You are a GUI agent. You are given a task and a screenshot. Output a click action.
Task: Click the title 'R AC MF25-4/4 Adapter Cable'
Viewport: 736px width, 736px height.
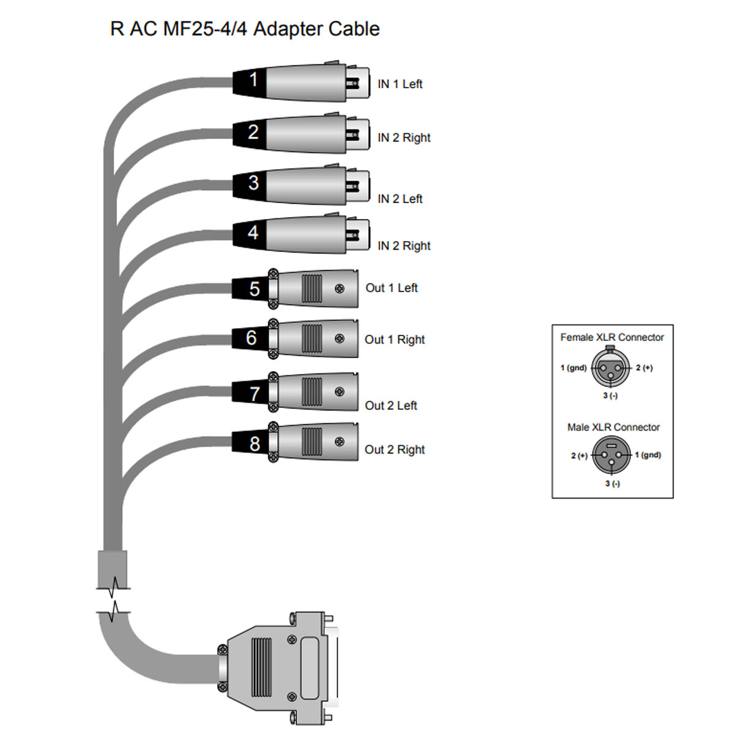[x=245, y=29]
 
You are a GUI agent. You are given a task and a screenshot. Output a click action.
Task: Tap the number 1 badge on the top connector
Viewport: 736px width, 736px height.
[x=252, y=80]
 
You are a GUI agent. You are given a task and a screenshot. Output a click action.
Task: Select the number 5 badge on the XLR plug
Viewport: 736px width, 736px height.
[x=254, y=289]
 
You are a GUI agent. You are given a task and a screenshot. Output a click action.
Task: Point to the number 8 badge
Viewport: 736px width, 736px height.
[x=254, y=443]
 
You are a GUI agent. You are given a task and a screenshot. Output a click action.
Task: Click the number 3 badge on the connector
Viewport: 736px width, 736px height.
[x=253, y=183]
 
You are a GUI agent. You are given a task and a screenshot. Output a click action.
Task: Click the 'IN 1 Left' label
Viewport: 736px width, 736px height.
[x=400, y=84]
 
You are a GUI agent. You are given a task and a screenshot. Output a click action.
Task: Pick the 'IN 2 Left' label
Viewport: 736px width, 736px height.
[x=400, y=199]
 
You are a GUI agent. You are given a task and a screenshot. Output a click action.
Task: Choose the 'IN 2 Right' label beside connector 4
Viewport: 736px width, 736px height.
[x=404, y=246]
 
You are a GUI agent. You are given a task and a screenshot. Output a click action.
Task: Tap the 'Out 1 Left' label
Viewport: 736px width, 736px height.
[x=391, y=288]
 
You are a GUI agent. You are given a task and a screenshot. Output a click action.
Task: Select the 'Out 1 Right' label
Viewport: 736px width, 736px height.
[x=394, y=339]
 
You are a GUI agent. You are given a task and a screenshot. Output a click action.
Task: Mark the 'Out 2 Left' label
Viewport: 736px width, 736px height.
[x=391, y=405]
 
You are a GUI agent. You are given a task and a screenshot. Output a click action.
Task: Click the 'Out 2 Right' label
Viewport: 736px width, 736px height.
[x=394, y=450]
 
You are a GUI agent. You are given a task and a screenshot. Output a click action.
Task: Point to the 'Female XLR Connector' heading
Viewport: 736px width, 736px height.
[x=612, y=337]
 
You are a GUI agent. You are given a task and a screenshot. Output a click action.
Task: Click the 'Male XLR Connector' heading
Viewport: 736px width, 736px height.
[x=613, y=427]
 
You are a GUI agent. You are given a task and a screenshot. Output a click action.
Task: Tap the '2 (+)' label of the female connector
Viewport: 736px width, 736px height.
[x=644, y=368]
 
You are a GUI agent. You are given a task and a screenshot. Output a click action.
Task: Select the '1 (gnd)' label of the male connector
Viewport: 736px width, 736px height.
[x=648, y=455]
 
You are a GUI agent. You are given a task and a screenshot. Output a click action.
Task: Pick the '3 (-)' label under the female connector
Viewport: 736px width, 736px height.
[x=610, y=396]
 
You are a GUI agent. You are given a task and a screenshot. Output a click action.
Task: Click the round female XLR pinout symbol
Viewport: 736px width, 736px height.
[x=611, y=368]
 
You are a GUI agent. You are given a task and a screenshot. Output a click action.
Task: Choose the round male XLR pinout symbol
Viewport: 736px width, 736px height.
[x=611, y=455]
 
